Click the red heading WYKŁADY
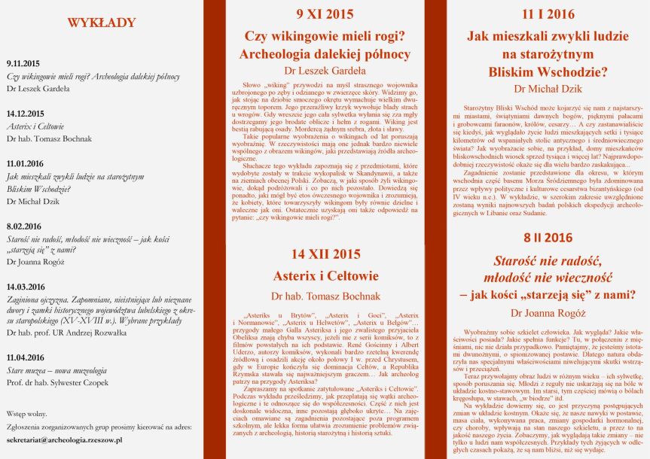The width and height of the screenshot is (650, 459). tap(102, 23)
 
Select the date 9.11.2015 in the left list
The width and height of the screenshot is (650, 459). tap(23, 65)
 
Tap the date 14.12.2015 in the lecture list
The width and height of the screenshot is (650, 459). tap(26, 114)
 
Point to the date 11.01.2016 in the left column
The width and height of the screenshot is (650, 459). tap(26, 163)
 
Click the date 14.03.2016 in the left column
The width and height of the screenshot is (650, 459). tap(26, 287)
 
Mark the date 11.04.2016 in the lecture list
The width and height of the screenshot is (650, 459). tap(26, 358)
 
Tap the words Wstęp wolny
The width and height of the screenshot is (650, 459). tap(27, 414)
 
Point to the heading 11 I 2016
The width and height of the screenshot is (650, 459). tap(548, 14)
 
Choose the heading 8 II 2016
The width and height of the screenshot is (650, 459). tap(548, 238)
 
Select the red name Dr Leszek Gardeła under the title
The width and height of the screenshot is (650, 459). tap(325, 72)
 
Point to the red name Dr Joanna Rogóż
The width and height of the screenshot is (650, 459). tap(548, 312)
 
